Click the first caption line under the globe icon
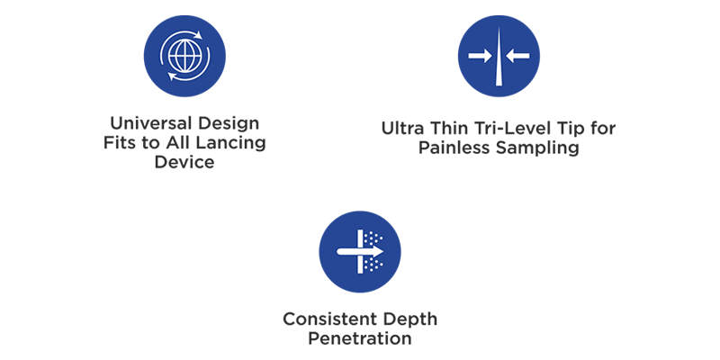(187, 123)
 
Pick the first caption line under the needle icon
(498, 132)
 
